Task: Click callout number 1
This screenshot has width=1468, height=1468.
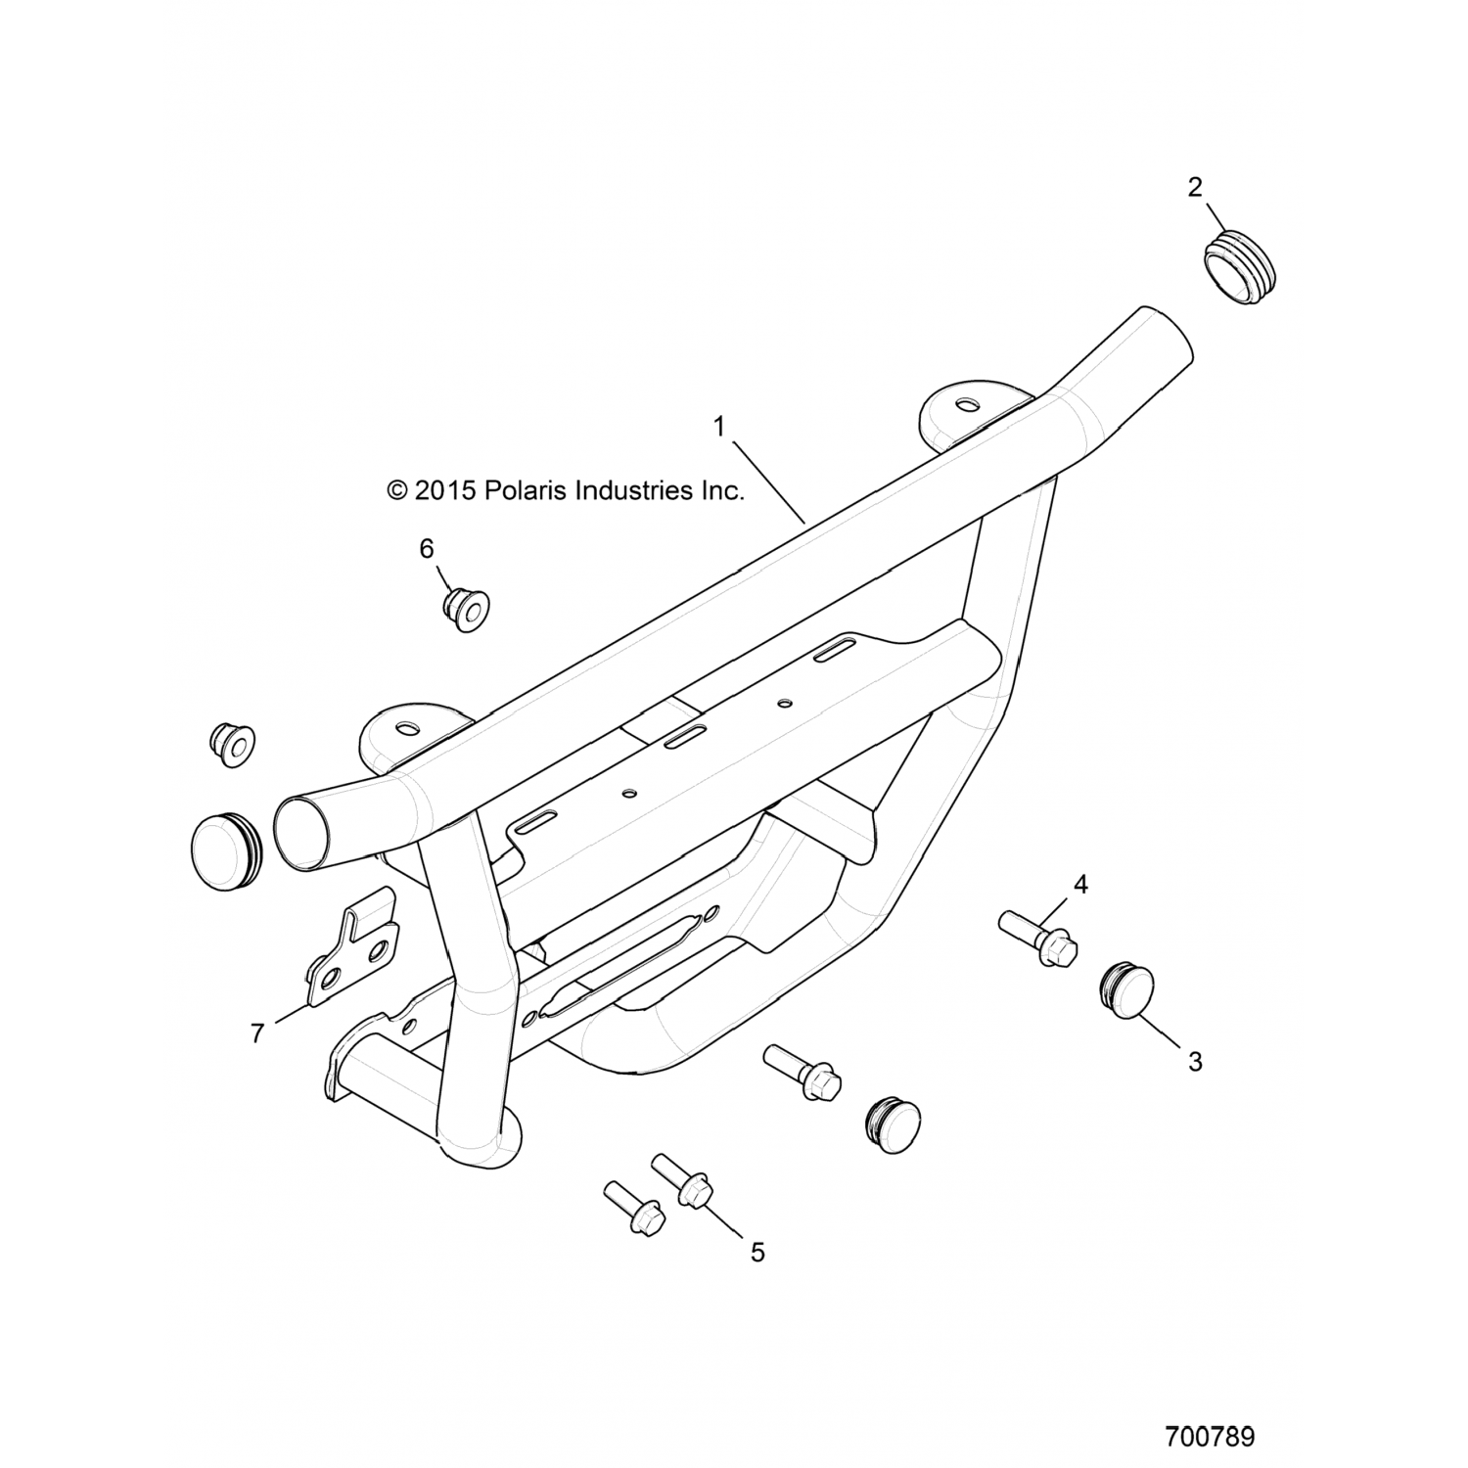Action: (719, 427)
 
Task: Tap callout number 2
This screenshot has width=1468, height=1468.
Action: (1194, 187)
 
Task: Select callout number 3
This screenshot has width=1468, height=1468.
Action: (1194, 1061)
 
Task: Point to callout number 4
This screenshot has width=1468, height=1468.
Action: (1080, 885)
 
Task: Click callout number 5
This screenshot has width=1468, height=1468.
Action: (757, 1251)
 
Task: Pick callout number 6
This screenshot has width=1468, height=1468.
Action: (427, 549)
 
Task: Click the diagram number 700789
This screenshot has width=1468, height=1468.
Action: (1210, 1410)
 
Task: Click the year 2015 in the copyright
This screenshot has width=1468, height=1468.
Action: (444, 490)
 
